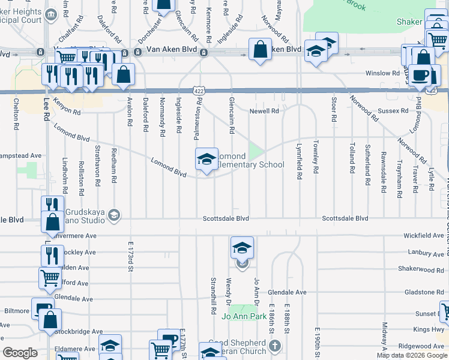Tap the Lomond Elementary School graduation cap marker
(206, 160)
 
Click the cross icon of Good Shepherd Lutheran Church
(275, 346)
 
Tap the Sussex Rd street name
(394, 111)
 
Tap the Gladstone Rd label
(424, 292)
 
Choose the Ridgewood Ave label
(423, 346)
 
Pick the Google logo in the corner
(20, 353)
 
